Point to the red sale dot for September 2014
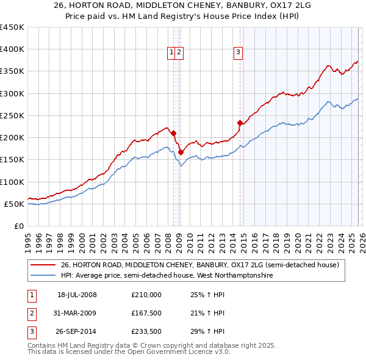[240, 123]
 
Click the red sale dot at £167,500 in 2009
[181, 152]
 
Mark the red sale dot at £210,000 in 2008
[174, 133]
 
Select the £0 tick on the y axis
[20, 226]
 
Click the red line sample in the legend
[43, 265]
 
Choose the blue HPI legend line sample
[43, 276]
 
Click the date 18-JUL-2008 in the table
[77, 295]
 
